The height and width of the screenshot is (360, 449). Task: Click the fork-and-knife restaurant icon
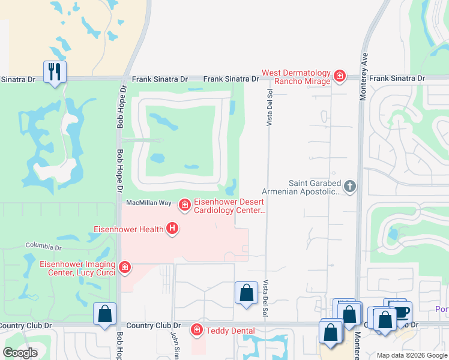tap(55, 72)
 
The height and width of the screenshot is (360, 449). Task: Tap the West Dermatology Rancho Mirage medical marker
tap(340, 76)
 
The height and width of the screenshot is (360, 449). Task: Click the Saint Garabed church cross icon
tap(350, 187)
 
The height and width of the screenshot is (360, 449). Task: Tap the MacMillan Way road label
tap(148, 203)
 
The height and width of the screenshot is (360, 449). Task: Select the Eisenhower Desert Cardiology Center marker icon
tap(184, 206)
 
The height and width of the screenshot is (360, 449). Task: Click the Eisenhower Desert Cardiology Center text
tap(229, 206)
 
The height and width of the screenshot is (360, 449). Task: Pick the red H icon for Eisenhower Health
tap(173, 229)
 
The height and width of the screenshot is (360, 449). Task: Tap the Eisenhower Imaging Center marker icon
tap(125, 267)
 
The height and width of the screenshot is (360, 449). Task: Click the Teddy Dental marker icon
tap(196, 330)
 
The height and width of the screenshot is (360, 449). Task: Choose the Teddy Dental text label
tap(231, 331)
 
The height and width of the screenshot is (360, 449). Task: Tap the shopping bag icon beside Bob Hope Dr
tap(105, 314)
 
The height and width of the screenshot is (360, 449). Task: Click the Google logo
tap(20, 353)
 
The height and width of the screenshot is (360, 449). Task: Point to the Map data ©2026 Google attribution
tap(412, 355)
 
